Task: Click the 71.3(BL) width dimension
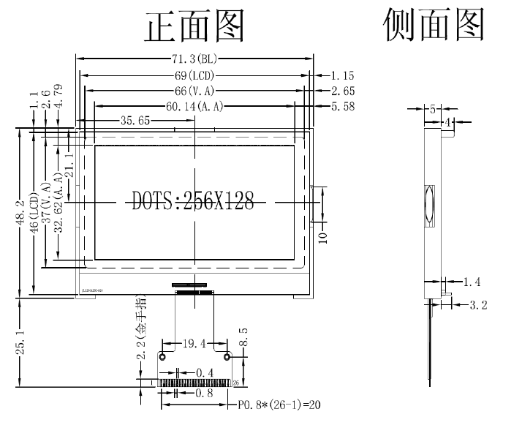tap(194, 59)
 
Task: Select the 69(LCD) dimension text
tap(194, 75)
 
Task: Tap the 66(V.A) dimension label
tap(194, 91)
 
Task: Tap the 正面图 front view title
tap(194, 27)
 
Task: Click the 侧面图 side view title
tap(434, 26)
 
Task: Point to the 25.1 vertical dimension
tap(21, 342)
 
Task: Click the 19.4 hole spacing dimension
tap(194, 342)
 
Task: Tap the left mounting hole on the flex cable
tap(162, 357)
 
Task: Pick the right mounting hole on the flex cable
tap(227, 357)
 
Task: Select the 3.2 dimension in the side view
tap(478, 304)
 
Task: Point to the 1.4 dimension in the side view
tap(473, 281)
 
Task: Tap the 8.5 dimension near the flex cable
tap(243, 341)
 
